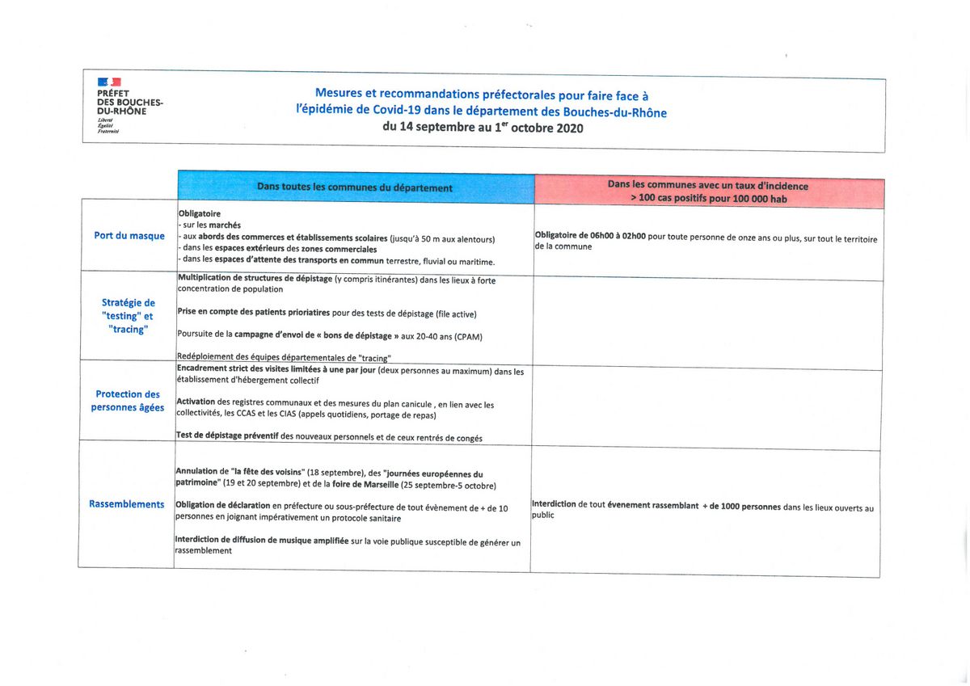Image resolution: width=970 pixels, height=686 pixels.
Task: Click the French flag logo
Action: pos(109,82)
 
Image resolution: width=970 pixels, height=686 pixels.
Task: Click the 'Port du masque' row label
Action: pos(129,236)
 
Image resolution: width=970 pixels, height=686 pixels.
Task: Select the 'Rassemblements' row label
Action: pos(127,504)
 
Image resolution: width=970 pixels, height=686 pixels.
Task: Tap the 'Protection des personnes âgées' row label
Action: pos(128,401)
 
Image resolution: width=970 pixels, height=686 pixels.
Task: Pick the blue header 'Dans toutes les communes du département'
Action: pos(355,187)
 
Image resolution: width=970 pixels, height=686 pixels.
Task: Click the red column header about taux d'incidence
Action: pos(708,192)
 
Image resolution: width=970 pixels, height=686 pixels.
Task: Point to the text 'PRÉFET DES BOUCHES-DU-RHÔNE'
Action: pos(129,103)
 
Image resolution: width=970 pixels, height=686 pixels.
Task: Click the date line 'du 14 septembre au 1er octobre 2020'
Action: pos(483,128)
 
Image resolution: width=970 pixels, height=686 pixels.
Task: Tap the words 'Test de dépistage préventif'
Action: pos(227,437)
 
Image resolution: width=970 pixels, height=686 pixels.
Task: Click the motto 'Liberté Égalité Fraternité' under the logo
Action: pos(108,125)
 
